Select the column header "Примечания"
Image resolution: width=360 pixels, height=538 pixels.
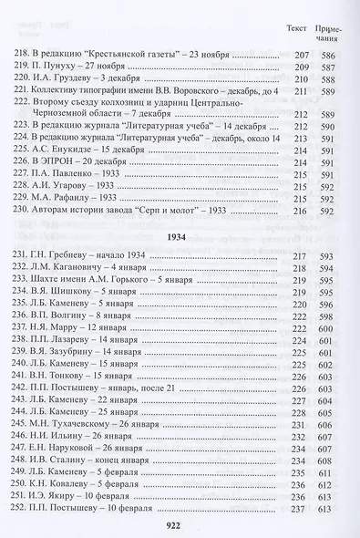click(332, 34)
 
